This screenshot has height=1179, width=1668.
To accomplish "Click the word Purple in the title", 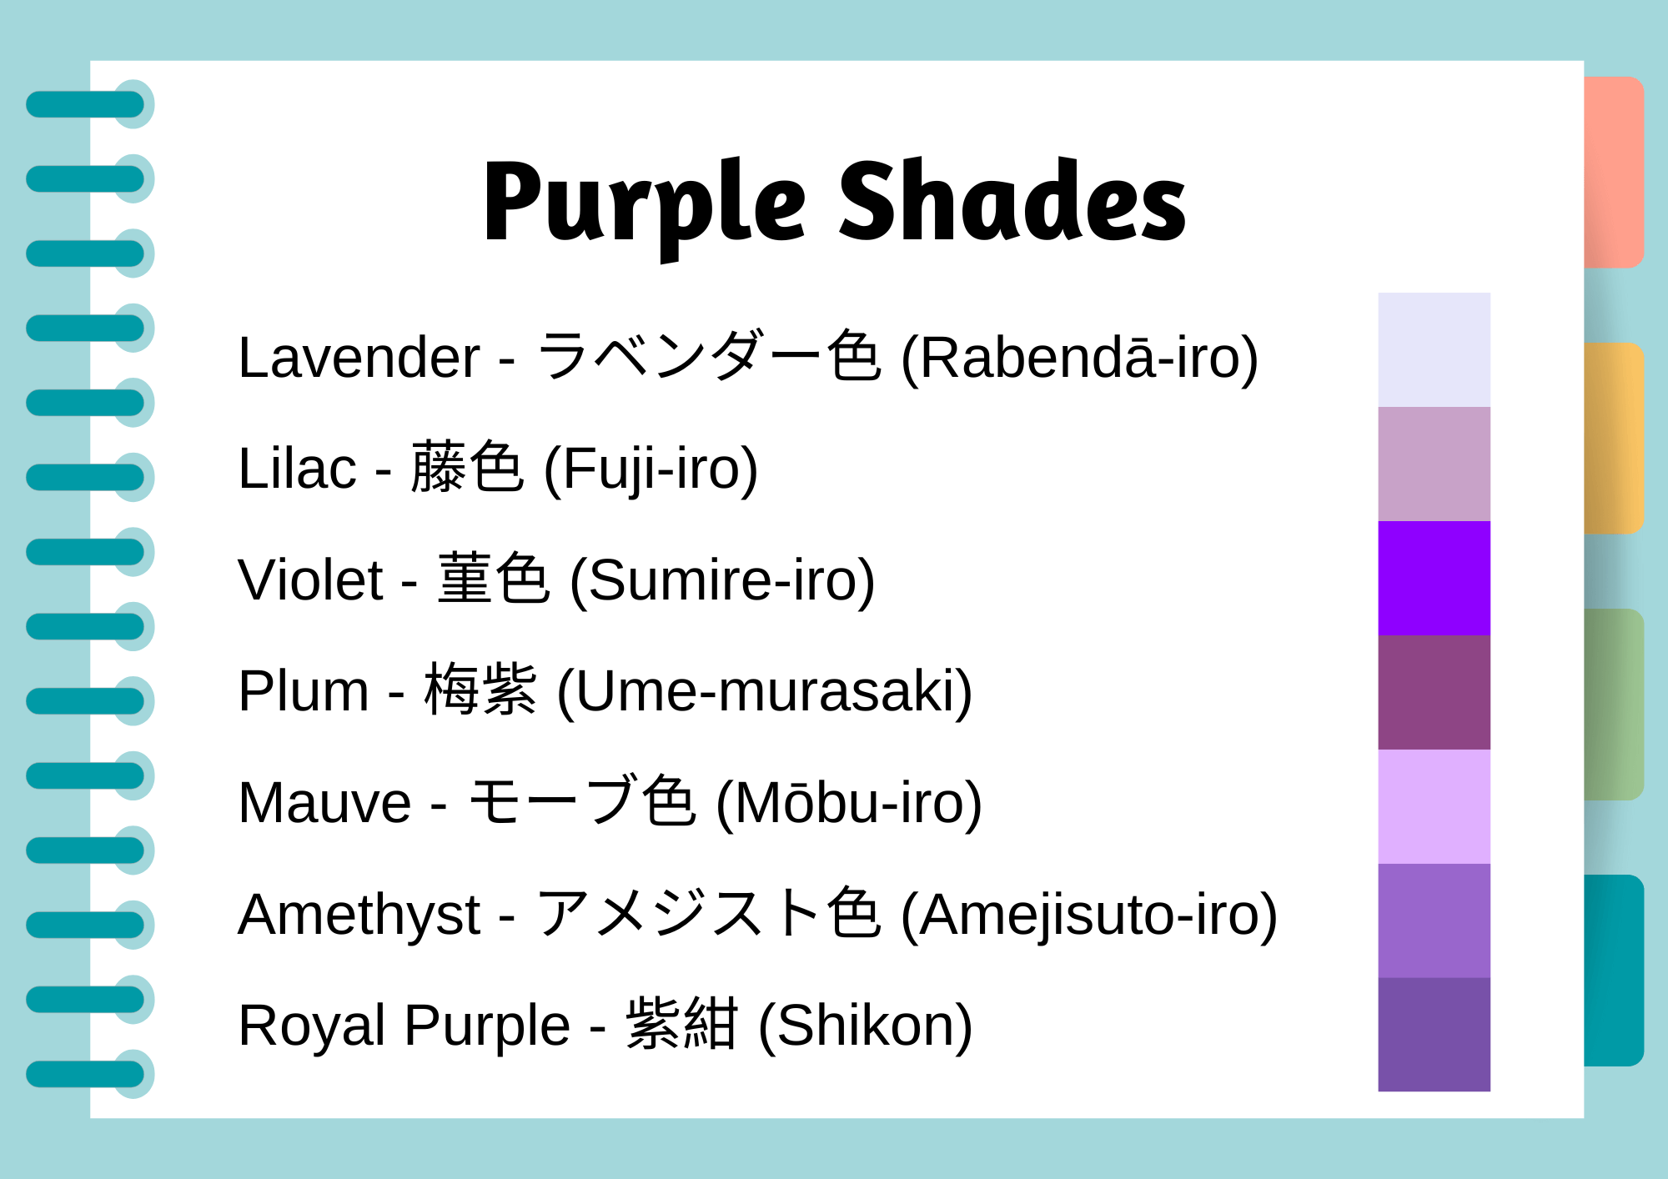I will [x=644, y=204].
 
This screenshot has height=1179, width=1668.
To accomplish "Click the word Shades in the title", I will [x=1011, y=203].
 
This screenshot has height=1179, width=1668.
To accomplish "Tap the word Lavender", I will [x=359, y=358].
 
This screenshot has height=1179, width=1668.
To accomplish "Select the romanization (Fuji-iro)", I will [x=651, y=469].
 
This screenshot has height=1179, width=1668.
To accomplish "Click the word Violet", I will [x=310, y=580].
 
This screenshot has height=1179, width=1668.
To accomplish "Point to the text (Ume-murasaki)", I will [x=764, y=691].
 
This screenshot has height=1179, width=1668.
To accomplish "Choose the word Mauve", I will [x=324, y=803].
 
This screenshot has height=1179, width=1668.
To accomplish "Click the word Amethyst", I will [x=359, y=915].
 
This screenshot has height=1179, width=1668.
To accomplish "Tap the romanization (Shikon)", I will [x=865, y=1026].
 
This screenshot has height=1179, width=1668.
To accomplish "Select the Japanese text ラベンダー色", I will [x=708, y=356].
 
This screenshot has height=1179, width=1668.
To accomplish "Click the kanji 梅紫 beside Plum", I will [x=480, y=690].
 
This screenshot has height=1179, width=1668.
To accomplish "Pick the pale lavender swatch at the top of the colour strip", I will [x=1434, y=349].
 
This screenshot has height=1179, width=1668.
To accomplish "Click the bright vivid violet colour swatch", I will [x=1434, y=578].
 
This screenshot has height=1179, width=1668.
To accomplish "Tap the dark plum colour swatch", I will [x=1434, y=692].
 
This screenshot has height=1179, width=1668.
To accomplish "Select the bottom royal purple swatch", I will [x=1434, y=1035].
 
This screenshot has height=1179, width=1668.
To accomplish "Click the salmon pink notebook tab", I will [x=1613, y=172].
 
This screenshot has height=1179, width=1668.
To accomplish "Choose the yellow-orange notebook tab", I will [x=1613, y=438].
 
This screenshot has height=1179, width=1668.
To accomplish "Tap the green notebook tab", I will [x=1613, y=705].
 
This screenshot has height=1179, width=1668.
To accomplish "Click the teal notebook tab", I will [x=1613, y=970].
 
